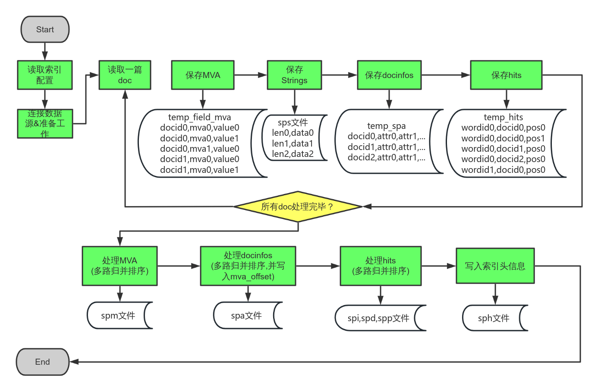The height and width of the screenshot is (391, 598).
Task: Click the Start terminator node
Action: pos(45,29)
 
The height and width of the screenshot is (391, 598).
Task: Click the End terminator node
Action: pos(42,362)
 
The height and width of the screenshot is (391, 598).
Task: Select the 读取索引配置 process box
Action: pos(45,75)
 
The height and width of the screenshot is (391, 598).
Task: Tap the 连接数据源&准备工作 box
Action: pos(45,124)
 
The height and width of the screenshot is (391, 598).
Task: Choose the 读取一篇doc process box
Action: pos(125,75)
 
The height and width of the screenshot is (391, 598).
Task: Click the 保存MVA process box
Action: pos(203,75)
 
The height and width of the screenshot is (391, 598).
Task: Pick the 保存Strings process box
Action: pos(294,75)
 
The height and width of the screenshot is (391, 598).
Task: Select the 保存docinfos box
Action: pos(389,75)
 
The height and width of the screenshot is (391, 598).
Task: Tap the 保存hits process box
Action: pos(506,75)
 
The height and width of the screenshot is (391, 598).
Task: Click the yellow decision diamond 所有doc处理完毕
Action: pos(298,206)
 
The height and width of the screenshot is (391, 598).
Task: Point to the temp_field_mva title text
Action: pos(199,117)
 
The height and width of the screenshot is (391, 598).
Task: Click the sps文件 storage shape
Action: pos(293,138)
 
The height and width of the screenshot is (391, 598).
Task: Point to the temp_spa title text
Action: pos(386,126)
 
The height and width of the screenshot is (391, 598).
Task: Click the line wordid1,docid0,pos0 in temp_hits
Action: pos(503,170)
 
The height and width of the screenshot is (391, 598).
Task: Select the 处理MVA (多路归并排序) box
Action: pos(120,266)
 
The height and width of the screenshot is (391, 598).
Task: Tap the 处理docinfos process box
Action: pos(248,266)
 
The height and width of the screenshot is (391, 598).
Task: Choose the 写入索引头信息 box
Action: pos(495,266)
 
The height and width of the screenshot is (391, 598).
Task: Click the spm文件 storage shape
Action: pos(119,316)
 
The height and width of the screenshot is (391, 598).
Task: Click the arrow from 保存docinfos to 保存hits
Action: pos(445,75)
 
